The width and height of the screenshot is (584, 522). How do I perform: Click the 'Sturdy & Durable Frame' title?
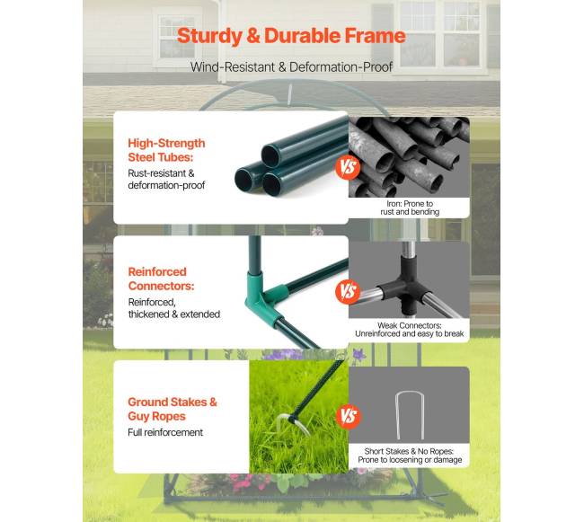(x=291, y=37)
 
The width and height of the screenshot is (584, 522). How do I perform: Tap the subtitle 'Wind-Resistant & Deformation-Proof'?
(x=291, y=67)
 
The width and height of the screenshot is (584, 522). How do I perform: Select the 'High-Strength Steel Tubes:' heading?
(x=166, y=150)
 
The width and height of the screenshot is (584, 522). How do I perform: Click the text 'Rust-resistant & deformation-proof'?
(x=166, y=179)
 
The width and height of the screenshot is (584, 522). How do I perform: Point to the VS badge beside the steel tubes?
(x=348, y=167)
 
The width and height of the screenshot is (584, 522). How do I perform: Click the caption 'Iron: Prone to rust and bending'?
(x=410, y=208)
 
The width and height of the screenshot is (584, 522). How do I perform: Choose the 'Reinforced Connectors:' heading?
(x=161, y=279)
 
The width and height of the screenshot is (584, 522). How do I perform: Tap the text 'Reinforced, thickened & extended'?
(x=174, y=308)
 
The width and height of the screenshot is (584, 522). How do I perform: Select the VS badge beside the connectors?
(x=348, y=291)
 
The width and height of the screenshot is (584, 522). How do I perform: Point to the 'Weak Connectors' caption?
(x=409, y=330)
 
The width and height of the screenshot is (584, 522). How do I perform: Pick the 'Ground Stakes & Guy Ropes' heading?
(x=173, y=409)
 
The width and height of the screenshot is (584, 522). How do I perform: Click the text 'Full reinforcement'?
(x=165, y=432)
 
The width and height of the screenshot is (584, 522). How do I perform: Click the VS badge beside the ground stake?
(x=349, y=416)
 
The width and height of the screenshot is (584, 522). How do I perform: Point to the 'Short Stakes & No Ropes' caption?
(x=410, y=456)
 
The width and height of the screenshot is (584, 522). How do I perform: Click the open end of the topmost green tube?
(x=270, y=155)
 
